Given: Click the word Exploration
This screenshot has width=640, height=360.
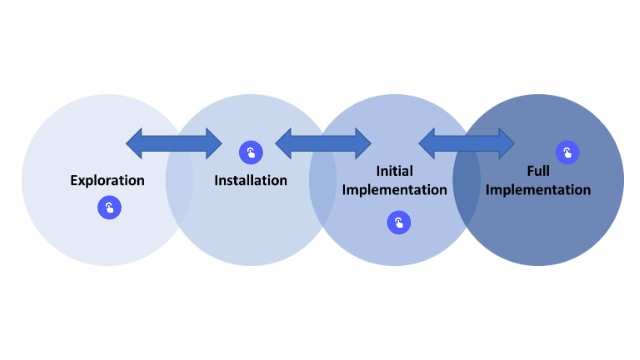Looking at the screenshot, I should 107,181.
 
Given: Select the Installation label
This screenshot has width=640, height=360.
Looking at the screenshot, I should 251,181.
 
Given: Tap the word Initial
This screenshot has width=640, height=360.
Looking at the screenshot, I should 394,172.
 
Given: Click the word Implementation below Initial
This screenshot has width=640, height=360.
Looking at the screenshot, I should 394,190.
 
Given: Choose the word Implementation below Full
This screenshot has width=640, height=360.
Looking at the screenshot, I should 539,190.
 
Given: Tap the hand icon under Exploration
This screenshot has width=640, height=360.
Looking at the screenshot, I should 109,208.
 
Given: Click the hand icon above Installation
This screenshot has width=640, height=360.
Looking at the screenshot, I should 251,153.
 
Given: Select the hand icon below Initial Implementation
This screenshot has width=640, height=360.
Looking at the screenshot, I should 399,223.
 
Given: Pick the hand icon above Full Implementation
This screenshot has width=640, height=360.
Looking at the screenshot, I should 568,153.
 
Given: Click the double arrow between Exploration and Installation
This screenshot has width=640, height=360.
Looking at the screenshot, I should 174,144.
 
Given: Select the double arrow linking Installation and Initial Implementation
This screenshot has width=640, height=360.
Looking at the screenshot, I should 323,144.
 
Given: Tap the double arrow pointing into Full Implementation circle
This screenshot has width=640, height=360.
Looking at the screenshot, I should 467,144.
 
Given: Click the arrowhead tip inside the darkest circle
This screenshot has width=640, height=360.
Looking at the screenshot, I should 512,144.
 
